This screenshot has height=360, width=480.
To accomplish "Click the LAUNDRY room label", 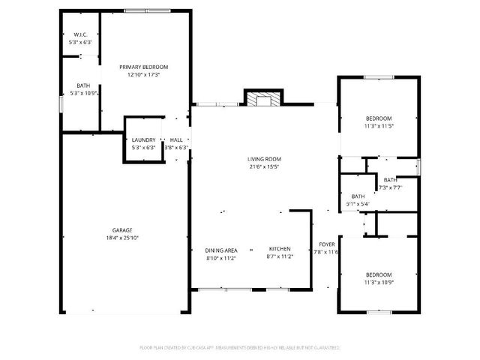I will tap(143, 140).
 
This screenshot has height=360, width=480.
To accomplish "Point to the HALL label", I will tap(176, 140).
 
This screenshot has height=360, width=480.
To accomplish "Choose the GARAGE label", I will tap(123, 229).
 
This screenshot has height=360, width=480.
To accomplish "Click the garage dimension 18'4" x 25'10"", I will tap(123, 238).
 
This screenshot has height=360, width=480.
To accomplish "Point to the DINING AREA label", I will tap(221, 250).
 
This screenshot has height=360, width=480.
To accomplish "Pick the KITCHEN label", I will tap(280, 250).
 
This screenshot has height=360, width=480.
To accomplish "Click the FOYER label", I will tap(327, 244).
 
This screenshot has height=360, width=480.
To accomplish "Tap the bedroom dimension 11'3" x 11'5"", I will tap(379, 126).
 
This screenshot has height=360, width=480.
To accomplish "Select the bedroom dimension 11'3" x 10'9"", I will tap(379, 282).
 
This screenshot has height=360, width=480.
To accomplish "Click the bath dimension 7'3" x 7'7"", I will tap(391, 187).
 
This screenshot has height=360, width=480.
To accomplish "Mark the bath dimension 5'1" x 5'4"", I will tap(356, 204).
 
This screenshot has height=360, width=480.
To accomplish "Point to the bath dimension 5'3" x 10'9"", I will tap(82, 93).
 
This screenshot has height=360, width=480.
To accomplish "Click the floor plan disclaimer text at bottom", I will tap(240, 347).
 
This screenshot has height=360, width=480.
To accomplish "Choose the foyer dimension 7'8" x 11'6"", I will tap(327, 252).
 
